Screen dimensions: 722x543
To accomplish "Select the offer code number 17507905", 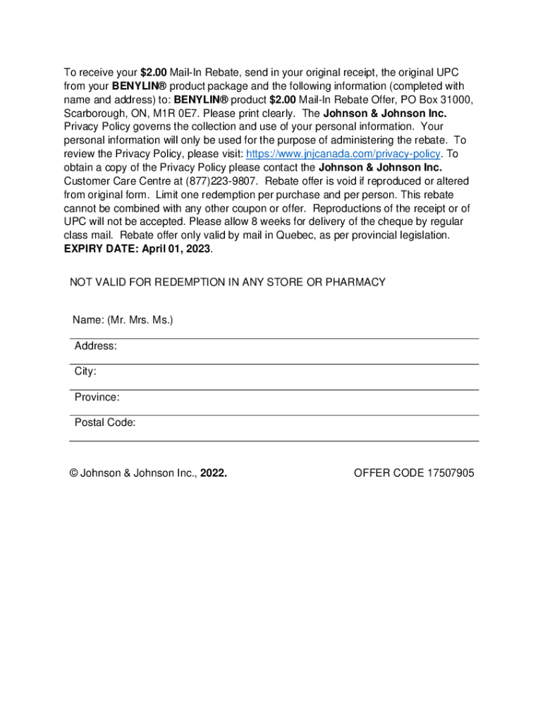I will pos(451,473).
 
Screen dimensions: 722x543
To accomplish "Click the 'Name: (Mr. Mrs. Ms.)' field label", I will pos(123,320).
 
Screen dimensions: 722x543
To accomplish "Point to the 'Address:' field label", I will pos(96,346).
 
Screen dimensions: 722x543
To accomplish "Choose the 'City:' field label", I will pos(85,372).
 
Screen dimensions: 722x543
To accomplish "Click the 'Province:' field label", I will pos(97,397).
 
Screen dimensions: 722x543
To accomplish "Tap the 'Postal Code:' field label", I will pos(105,422).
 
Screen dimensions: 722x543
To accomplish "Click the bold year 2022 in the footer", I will pos(213,473).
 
